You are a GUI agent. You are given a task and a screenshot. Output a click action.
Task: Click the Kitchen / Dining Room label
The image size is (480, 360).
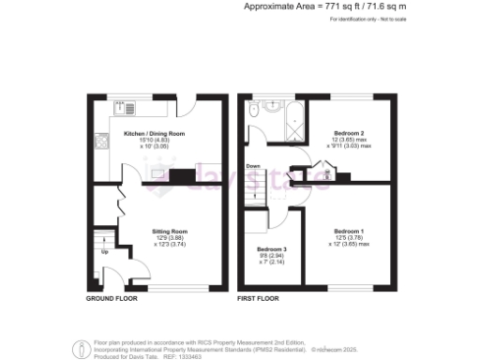click(155, 134)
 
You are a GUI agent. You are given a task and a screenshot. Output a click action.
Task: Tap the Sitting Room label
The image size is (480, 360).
click(171, 230)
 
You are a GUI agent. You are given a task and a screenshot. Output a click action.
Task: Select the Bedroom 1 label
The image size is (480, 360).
click(350, 230)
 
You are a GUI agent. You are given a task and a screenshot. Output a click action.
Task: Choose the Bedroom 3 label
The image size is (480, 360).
click(272, 248)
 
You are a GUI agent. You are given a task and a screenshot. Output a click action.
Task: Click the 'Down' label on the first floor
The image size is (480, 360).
click(253, 167)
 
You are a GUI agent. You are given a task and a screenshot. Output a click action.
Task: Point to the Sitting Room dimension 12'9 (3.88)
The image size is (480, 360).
click(171, 236)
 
